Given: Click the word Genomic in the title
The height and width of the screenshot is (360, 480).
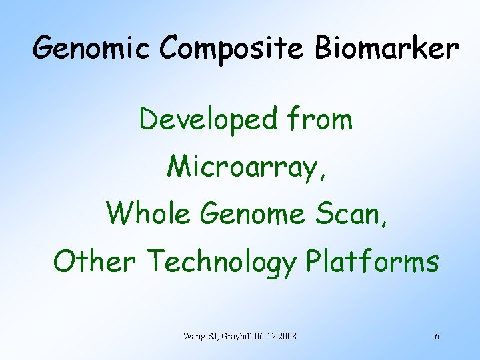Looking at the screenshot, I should (x=93, y=49).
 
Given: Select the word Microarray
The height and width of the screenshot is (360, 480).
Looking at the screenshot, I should (x=243, y=167).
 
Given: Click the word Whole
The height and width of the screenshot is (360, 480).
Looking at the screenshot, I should (x=149, y=213).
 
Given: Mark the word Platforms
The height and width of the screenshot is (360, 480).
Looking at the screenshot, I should (x=372, y=261).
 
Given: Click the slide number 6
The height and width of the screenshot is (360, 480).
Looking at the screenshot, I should (x=437, y=336).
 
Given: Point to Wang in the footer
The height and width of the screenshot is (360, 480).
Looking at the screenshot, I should (x=193, y=336).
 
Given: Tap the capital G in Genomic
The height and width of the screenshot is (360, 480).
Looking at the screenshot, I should (x=45, y=48).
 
